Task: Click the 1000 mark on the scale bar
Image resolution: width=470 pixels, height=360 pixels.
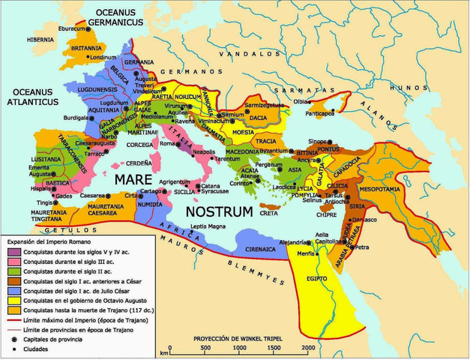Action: pyautogui.click(x=238, y=347)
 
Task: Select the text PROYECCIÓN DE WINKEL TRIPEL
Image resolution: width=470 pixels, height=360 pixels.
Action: pyautogui.click(x=240, y=337)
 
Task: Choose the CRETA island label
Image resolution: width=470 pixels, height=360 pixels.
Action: pyautogui.click(x=268, y=213)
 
